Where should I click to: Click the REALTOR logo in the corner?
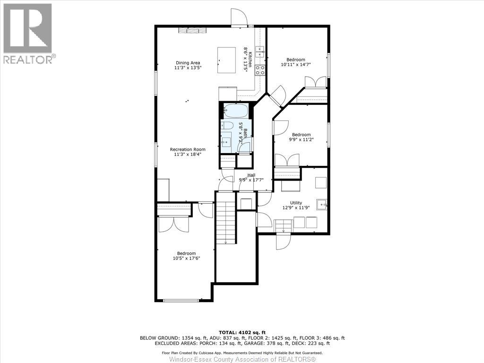pos(28,34)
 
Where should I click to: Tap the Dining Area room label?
pos(188,63)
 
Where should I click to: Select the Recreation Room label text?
pos(188,149)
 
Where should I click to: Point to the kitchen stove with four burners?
pos(260,70)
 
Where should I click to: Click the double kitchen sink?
pos(260,50)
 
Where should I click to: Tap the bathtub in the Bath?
pos(235,111)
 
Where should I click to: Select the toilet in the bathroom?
pos(227,126)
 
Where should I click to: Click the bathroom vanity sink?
pos(226,142)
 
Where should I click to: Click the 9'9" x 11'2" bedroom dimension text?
pos(301,139)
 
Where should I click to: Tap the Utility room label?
pos(296,203)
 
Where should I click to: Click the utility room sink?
pos(322,204)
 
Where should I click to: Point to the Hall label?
pos(251,175)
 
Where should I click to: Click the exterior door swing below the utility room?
pos(283,242)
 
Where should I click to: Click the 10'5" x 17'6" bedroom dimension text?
pos(186,258)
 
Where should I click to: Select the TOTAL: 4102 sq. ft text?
pos(242,332)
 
